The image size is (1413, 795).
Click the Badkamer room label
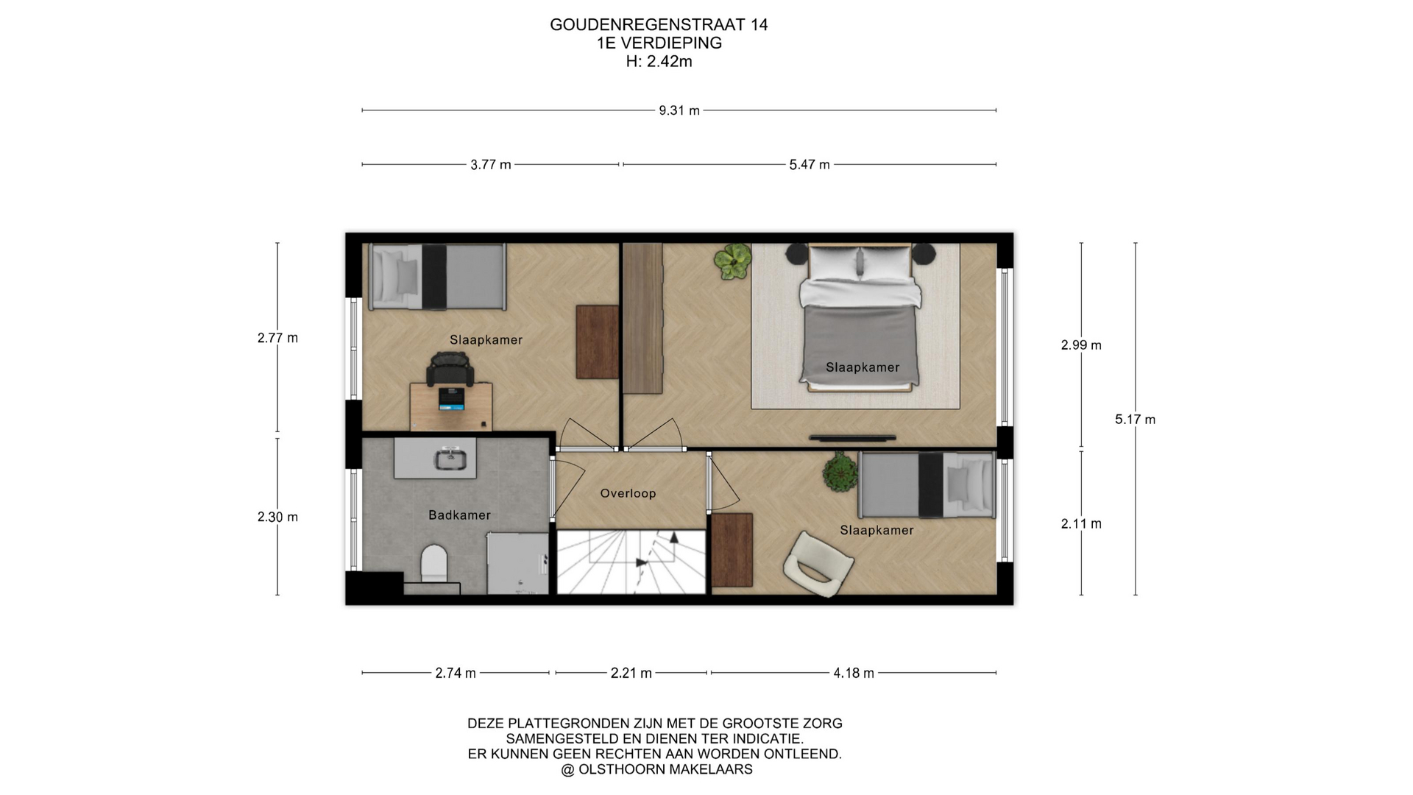pyautogui.click(x=459, y=515)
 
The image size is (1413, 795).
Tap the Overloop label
pyautogui.click(x=628, y=493)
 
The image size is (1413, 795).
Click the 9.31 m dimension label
pyautogui.click(x=679, y=110)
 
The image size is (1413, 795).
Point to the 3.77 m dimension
pyautogui.click(x=491, y=165)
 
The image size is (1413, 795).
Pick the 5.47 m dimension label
pyautogui.click(x=810, y=165)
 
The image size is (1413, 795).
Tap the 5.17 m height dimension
pyautogui.click(x=1135, y=420)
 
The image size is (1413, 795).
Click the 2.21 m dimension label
pyautogui.click(x=631, y=673)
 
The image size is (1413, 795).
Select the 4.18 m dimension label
pyautogui.click(x=854, y=673)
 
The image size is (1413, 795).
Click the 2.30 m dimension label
pyautogui.click(x=277, y=517)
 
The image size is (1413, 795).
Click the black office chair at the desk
pyautogui.click(x=450, y=369)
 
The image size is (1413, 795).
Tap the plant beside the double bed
pyautogui.click(x=733, y=258)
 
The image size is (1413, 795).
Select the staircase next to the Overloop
pyautogui.click(x=631, y=562)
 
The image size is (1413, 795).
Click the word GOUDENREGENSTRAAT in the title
pyautogui.click(x=648, y=25)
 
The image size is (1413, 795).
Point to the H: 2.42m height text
pyautogui.click(x=659, y=62)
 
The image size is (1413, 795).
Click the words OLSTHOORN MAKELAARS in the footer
pyautogui.click(x=665, y=770)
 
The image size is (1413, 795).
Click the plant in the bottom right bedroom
pyautogui.click(x=840, y=473)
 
